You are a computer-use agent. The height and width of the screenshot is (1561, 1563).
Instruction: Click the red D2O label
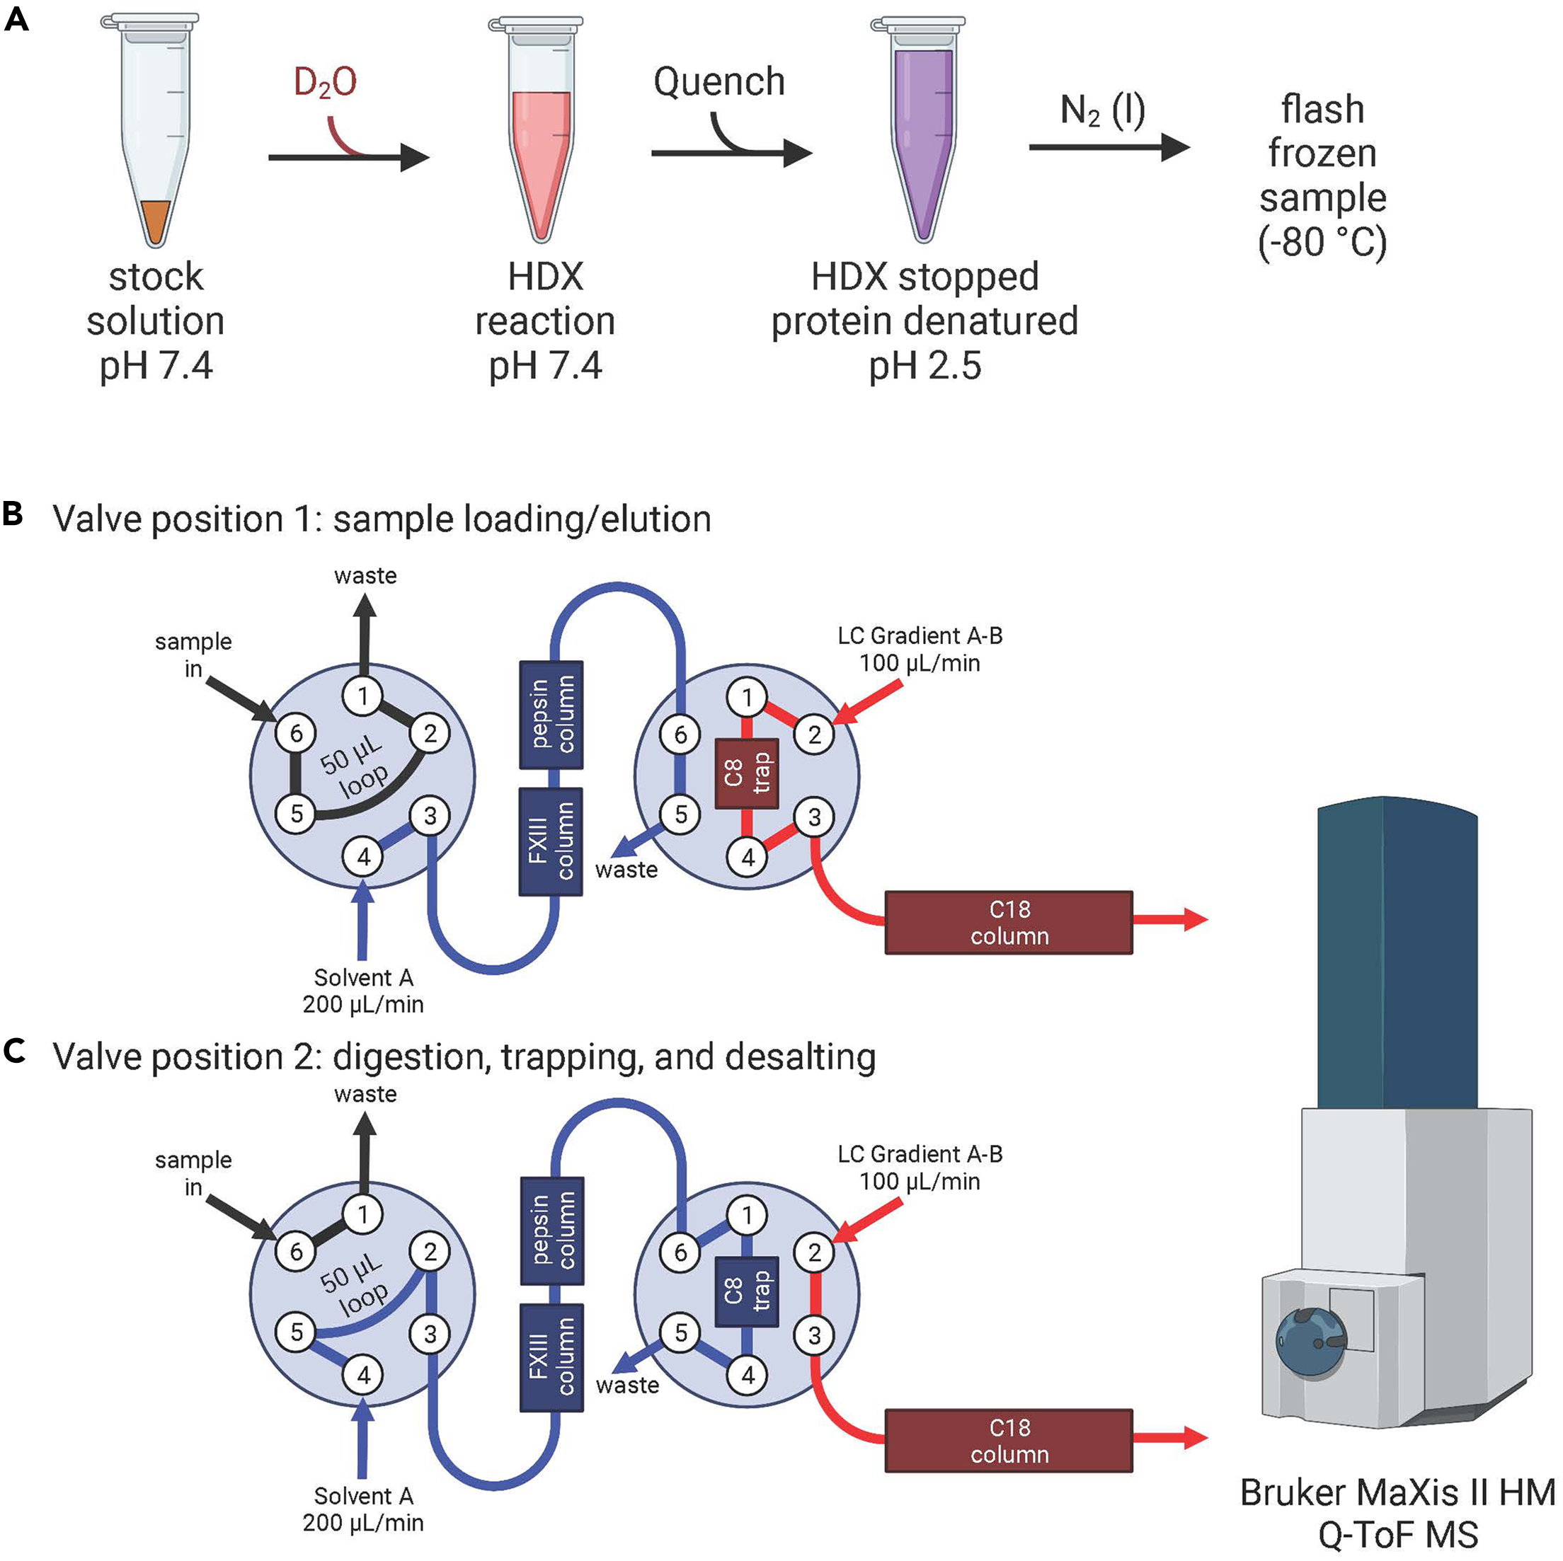tap(324, 83)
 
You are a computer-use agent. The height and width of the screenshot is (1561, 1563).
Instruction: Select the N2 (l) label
tap(1103, 111)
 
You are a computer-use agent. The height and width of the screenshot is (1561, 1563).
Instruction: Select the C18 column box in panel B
tap(1008, 923)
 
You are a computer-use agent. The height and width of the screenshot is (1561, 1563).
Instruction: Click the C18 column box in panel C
tap(1008, 1441)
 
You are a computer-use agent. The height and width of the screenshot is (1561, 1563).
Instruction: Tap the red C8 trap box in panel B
tap(746, 774)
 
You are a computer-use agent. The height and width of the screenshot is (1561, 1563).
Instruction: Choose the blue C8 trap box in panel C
tap(746, 1291)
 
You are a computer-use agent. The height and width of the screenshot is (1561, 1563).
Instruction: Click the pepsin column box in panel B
tap(551, 714)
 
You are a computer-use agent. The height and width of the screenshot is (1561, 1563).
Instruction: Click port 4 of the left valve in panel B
tap(363, 856)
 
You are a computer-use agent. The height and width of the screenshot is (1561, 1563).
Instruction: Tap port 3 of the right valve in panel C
tap(814, 1335)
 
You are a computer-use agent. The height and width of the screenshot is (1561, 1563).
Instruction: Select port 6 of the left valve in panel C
tap(296, 1251)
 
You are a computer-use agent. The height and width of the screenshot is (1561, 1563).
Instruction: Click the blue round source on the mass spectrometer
tap(1310, 1341)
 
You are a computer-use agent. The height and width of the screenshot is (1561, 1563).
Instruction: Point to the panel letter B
tap(13, 514)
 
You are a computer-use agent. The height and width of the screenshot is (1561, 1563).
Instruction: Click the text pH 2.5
tap(924, 366)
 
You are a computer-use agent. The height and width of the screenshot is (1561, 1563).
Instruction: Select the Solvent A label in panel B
tap(363, 977)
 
